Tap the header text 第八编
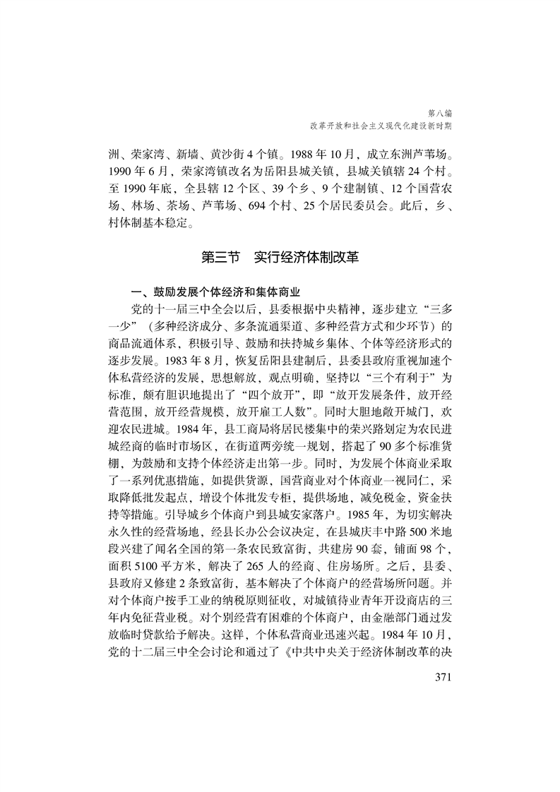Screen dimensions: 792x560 [440, 112]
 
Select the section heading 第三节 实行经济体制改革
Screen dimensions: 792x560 [280, 257]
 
